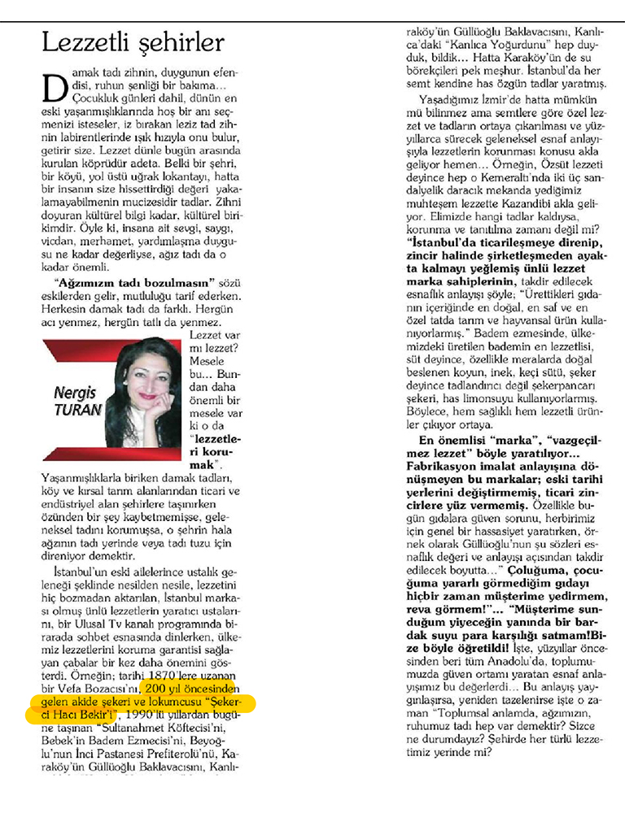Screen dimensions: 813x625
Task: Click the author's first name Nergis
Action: [x=75, y=393]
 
